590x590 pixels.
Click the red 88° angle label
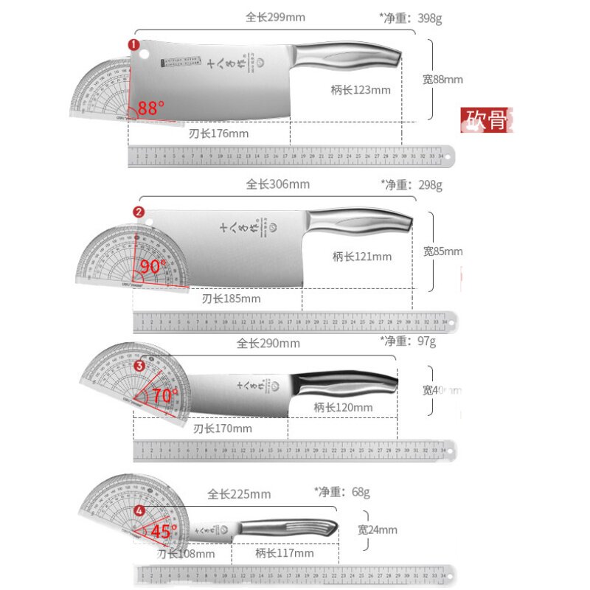pos(151,108)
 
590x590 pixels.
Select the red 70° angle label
pos(165,396)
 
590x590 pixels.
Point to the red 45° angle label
pos(164,531)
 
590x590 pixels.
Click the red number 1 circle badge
pos(134,45)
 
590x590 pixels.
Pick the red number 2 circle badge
pos(139,212)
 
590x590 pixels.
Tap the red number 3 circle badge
pos(139,366)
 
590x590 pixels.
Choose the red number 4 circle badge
pos(140,510)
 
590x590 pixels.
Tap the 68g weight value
pos(358,491)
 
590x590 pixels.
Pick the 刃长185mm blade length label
pos(231,299)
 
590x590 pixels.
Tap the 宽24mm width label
pos(378,530)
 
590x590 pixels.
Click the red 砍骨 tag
pos(485,119)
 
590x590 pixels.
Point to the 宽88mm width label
pos(442,80)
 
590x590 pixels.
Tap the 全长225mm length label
pos(239,494)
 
